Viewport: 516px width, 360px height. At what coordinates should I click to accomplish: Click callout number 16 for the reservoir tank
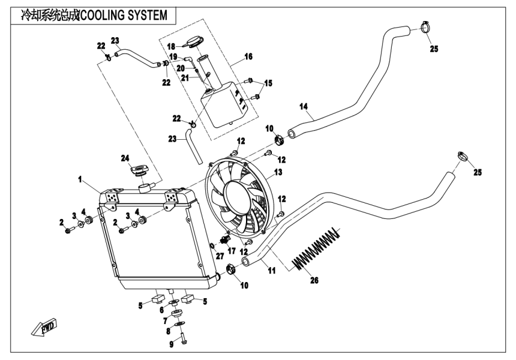tap(248, 56)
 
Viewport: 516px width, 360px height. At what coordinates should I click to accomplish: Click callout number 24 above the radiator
tap(125, 158)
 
